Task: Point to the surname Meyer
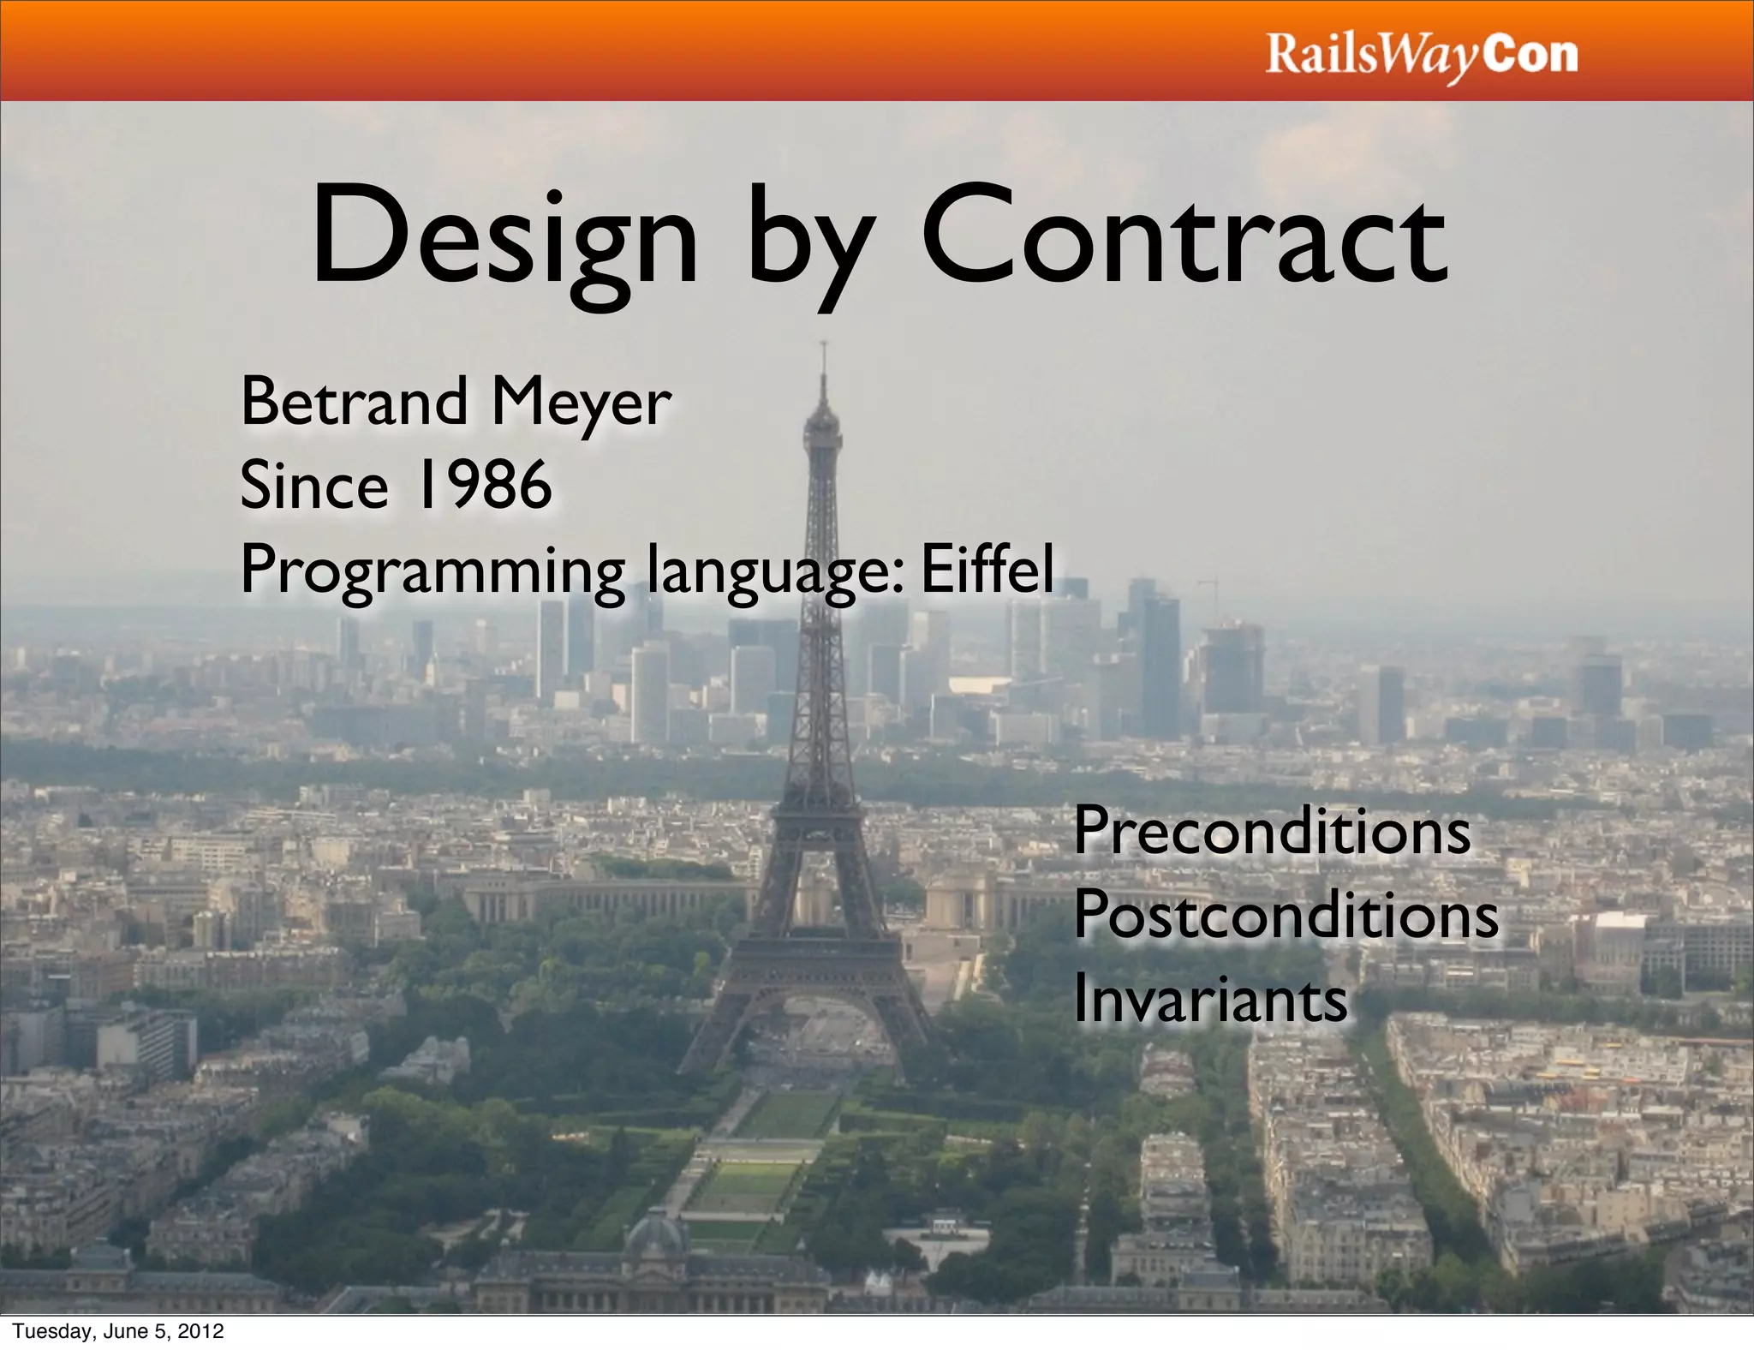[x=582, y=403]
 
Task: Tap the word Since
[x=313, y=485]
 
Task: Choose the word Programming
[x=433, y=572]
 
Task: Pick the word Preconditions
[x=1272, y=831]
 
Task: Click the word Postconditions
[x=1286, y=915]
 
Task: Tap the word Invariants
[x=1210, y=999]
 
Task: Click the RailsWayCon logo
[x=1421, y=57]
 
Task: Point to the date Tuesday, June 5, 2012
[x=118, y=1330]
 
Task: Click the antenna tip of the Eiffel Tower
[x=823, y=345]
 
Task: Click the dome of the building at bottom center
[x=655, y=1234]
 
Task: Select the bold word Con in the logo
[x=1530, y=55]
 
